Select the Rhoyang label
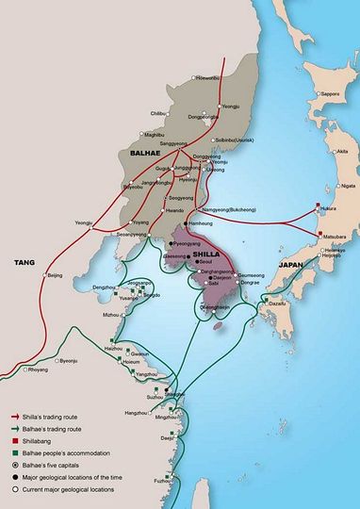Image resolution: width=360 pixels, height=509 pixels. [x=38, y=369]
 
